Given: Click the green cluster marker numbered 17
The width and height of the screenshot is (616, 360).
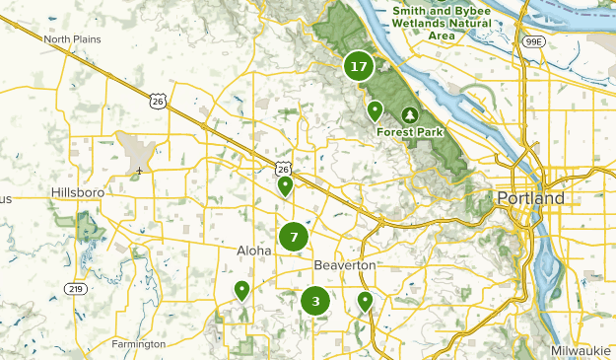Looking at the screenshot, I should pyautogui.click(x=358, y=67).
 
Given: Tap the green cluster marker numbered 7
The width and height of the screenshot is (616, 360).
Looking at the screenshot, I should pyautogui.click(x=293, y=237).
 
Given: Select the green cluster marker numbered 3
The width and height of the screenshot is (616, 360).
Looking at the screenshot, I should pyautogui.click(x=315, y=302).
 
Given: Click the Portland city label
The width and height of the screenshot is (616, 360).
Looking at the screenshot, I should pyautogui.click(x=531, y=198).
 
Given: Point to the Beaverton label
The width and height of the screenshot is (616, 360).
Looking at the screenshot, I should pyautogui.click(x=345, y=266).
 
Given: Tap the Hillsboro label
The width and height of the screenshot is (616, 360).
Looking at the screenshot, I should pyautogui.click(x=77, y=191).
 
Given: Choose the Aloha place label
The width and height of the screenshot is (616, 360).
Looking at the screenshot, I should pyautogui.click(x=253, y=251).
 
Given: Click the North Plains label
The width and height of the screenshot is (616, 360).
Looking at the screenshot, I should pyautogui.click(x=72, y=39).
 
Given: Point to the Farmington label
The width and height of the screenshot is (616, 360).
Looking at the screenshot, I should pyautogui.click(x=138, y=344).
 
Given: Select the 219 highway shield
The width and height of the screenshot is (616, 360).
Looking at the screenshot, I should pyautogui.click(x=76, y=289).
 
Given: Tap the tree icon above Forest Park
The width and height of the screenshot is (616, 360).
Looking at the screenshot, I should pyautogui.click(x=411, y=115).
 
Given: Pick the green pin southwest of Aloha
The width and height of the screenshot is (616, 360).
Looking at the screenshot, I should pyautogui.click(x=241, y=290).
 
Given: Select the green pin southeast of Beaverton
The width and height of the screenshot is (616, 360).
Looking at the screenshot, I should pyautogui.click(x=366, y=301).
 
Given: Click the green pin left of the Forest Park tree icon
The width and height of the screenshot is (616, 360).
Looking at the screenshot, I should pyautogui.click(x=375, y=110).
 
